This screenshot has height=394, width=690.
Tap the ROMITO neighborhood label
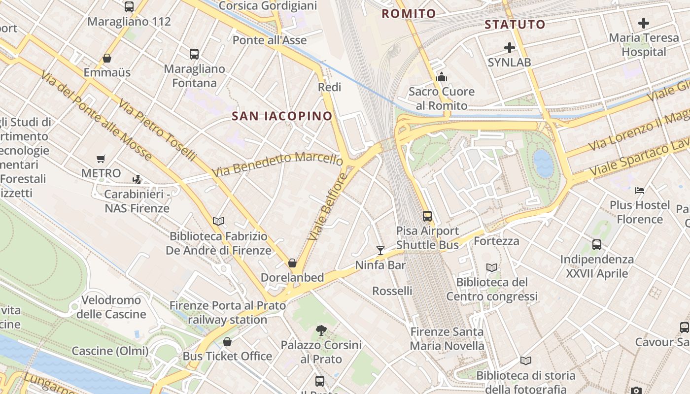(409, 14)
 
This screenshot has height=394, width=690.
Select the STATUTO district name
(515, 25)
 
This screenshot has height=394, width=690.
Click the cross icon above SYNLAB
(510, 48)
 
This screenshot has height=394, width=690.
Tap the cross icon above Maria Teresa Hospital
(643, 23)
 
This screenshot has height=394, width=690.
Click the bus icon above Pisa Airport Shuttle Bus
(427, 216)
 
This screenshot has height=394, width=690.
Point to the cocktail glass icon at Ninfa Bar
(380, 250)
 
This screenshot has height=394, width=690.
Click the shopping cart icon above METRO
(101, 159)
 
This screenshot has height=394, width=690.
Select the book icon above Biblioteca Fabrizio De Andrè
(218, 222)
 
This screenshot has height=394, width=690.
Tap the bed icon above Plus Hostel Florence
(640, 190)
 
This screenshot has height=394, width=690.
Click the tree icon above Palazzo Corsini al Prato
(321, 330)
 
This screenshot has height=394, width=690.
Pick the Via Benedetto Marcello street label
(277, 165)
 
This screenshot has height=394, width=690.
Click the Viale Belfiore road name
(327, 206)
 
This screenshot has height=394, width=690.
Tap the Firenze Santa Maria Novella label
(447, 339)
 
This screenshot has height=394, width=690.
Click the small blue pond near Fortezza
(544, 164)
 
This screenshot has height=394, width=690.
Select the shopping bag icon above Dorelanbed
(292, 263)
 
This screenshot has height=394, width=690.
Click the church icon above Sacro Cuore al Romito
(442, 77)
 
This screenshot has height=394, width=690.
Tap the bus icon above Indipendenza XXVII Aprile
(597, 244)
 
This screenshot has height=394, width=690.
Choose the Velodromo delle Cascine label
(111, 307)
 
